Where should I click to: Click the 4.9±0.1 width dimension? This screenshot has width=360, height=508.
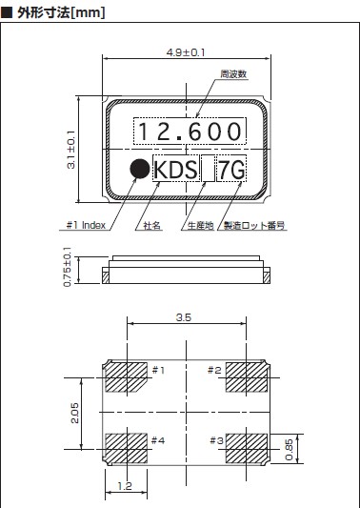point(186,52)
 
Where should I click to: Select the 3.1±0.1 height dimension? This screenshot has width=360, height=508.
point(70,150)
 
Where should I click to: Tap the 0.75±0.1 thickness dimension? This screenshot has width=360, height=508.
point(68,267)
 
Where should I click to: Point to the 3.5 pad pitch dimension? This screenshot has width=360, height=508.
point(184,317)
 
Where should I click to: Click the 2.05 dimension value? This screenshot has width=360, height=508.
point(74,413)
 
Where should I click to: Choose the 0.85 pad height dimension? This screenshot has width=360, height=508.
point(290,449)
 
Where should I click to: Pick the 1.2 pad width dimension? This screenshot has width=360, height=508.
point(125,486)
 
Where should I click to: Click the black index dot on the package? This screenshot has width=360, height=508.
point(140,169)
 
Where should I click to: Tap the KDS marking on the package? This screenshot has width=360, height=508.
point(175,170)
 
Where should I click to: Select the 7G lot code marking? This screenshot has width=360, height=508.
point(231,170)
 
